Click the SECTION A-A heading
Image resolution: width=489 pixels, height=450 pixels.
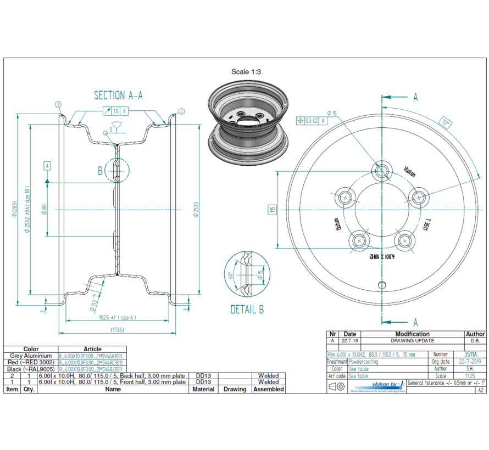(x=118, y=95)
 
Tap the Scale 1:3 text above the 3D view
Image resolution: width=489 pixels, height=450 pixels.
(x=246, y=71)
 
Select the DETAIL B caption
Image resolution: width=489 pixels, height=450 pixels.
(x=247, y=310)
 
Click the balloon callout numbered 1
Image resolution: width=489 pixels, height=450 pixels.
(x=58, y=104)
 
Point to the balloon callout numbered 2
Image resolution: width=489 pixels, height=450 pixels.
(x=182, y=111)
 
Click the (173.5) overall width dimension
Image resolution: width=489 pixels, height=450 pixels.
(x=116, y=330)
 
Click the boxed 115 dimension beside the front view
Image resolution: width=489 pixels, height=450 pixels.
(x=271, y=210)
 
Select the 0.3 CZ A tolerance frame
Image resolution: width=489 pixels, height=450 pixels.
(x=311, y=121)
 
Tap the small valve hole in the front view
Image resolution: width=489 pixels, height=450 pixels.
(x=382, y=284)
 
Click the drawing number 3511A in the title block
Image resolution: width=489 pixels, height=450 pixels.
(x=471, y=355)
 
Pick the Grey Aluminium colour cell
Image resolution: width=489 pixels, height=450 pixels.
(x=31, y=356)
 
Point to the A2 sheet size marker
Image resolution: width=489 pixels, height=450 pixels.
(x=481, y=390)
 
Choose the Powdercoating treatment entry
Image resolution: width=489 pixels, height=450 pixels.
(x=367, y=362)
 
